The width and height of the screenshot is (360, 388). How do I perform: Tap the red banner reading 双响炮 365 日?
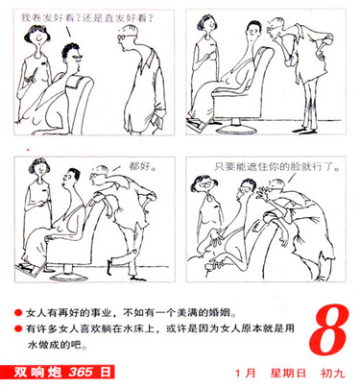[58, 372]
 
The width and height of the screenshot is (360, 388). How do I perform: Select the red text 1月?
[246, 374]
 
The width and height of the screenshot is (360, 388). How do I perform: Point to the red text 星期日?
[288, 374]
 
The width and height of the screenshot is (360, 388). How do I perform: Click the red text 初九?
[332, 374]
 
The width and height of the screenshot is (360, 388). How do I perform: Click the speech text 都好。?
[142, 166]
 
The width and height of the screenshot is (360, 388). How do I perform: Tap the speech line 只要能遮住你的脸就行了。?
[277, 167]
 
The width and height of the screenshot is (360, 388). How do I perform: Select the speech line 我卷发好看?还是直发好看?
[87, 18]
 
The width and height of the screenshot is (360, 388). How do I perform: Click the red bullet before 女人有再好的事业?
[18, 313]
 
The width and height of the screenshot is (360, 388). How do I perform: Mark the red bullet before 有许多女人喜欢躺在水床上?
[18, 328]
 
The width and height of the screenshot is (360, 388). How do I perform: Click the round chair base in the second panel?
[236, 128]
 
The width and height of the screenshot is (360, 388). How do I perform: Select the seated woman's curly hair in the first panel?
[69, 50]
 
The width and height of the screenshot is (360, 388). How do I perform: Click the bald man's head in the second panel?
[276, 28]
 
